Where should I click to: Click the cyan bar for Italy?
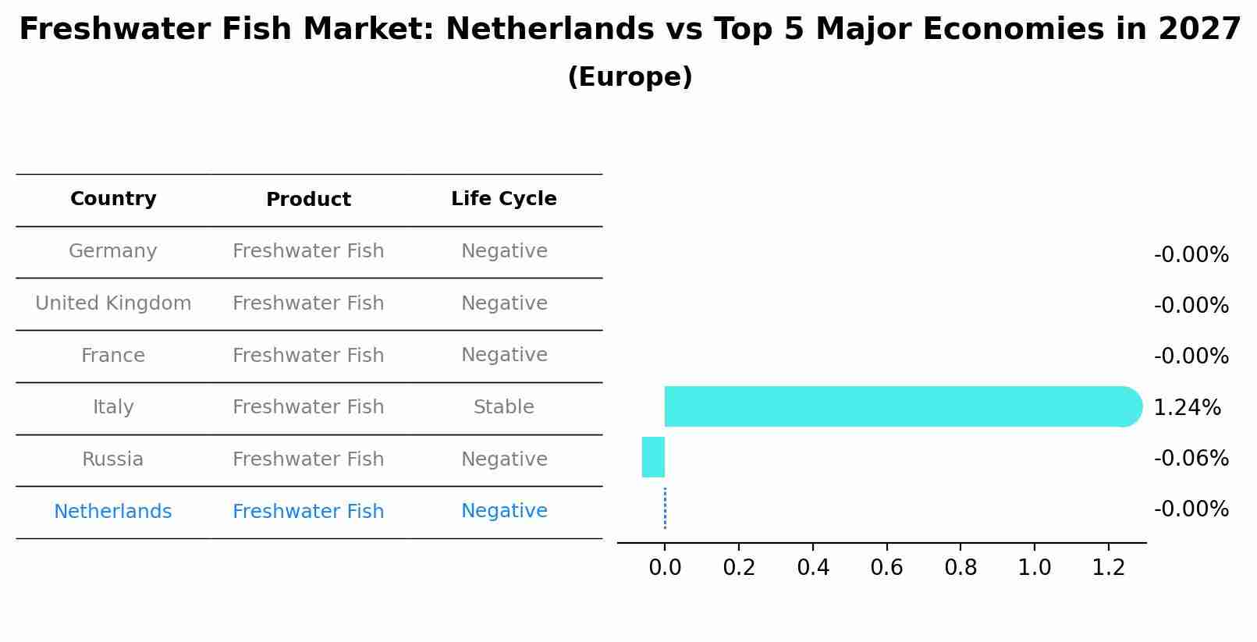897,406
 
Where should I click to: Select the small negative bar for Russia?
654,457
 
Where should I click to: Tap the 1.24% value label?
1186,408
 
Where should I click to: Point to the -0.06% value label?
1191,459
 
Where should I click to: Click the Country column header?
113,199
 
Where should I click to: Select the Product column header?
308,200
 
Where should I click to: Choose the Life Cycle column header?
503,199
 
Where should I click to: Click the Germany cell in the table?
113,251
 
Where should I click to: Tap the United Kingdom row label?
113,303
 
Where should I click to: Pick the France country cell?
113,356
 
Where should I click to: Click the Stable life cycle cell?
503,407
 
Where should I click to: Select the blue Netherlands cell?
113,512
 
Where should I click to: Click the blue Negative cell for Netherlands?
503,511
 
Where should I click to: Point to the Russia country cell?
113,459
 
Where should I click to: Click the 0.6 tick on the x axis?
886,567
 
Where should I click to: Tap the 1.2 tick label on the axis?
1108,567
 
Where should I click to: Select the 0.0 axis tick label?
665,567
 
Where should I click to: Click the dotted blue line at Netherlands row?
665,509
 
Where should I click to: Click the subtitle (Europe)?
630,77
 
